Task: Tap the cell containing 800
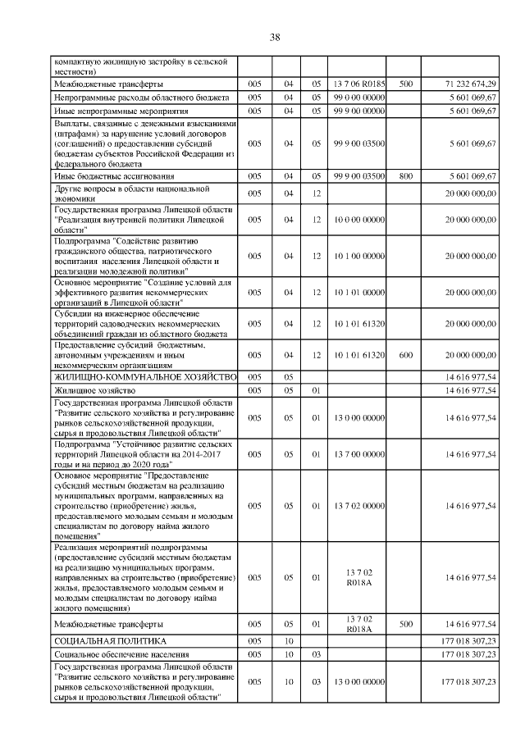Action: click(x=405, y=175)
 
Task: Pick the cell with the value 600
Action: click(x=405, y=354)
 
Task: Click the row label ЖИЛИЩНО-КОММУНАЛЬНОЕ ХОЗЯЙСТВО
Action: click(x=144, y=377)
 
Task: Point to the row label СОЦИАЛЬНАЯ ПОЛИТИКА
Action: click(x=110, y=640)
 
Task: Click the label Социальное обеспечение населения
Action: click(x=121, y=653)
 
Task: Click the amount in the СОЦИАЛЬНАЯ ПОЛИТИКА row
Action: click(x=468, y=640)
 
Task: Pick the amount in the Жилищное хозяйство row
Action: click(x=470, y=390)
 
